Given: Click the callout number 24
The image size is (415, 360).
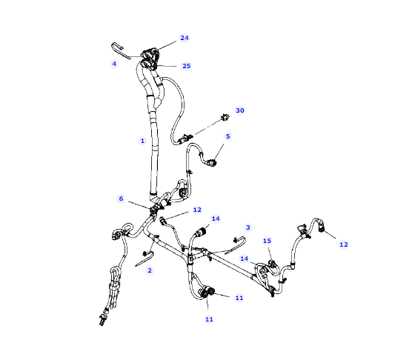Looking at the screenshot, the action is [x=185, y=38].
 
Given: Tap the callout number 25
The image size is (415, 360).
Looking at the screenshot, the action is [x=186, y=66].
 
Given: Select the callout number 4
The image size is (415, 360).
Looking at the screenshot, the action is [x=114, y=64].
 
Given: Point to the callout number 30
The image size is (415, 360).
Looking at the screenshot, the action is [x=240, y=110].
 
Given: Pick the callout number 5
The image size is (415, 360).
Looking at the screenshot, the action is [x=228, y=136].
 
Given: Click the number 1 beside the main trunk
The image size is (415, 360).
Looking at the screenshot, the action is [x=142, y=141].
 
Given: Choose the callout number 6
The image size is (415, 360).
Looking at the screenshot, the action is [x=121, y=199].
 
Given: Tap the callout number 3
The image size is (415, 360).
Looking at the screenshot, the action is [x=248, y=227].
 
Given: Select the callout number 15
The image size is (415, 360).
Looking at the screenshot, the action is [x=267, y=241].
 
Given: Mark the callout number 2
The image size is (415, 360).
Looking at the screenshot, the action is [x=150, y=270].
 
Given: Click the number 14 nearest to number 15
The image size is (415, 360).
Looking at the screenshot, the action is [x=244, y=259].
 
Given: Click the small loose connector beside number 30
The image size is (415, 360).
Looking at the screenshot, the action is [x=225, y=117].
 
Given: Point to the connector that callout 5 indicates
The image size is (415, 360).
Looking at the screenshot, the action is [x=212, y=163].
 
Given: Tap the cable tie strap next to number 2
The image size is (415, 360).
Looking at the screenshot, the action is [x=145, y=259].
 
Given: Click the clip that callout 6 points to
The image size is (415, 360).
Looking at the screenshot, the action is [x=155, y=210].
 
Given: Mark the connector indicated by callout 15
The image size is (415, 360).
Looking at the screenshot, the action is [x=272, y=264].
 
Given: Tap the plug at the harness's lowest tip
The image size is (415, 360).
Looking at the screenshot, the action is [x=102, y=319].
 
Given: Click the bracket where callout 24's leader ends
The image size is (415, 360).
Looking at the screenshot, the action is [x=150, y=54].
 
